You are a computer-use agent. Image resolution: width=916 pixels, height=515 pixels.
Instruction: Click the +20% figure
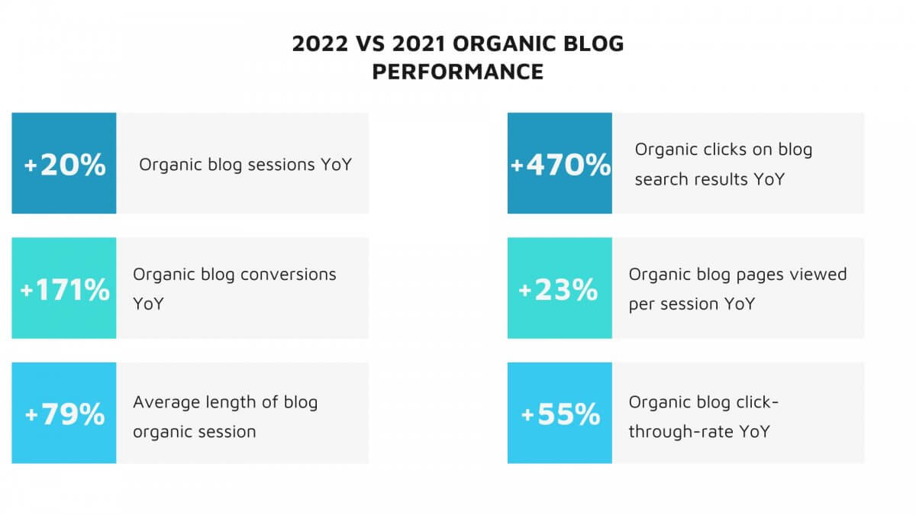point(65,165)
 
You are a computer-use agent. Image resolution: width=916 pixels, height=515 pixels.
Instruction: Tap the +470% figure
point(560,165)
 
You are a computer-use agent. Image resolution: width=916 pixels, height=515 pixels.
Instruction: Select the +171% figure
point(65,290)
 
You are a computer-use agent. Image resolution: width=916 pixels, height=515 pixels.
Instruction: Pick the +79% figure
point(65,414)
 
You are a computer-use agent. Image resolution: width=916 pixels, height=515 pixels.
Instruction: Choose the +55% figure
point(560,414)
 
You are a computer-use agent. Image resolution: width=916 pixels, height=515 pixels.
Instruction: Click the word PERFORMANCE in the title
point(457,72)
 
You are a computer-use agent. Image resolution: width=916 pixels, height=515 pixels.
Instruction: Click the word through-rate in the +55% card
point(681,432)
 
